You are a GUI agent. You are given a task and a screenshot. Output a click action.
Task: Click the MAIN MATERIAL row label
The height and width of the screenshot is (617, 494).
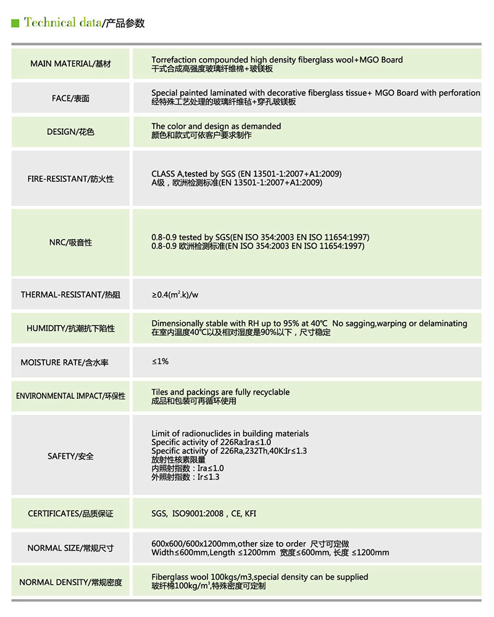pos(70,64)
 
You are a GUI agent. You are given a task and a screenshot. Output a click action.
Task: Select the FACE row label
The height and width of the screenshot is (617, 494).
pos(70,98)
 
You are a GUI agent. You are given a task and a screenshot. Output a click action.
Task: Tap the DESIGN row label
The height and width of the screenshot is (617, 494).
pos(70,132)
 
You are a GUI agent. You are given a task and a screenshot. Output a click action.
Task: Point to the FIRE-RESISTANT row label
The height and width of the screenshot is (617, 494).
pos(70,179)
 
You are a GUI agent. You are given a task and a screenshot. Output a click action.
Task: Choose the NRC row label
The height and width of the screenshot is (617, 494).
pos(70,242)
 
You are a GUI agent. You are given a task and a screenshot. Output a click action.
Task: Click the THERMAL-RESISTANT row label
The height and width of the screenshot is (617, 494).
pos(70,295)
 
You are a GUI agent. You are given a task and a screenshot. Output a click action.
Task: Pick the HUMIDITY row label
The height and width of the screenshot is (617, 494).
pos(70,328)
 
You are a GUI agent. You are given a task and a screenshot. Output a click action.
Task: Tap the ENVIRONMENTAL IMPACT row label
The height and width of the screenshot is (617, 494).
pos(70,396)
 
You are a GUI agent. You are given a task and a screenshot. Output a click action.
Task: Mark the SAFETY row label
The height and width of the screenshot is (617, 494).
pos(70,456)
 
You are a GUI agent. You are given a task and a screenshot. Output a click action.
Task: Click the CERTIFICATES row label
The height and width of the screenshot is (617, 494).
pos(70,514)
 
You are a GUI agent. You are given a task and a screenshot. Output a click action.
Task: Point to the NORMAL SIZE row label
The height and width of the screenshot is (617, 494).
pos(70,548)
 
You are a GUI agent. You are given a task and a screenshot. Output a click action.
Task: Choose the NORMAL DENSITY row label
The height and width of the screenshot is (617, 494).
pos(70,582)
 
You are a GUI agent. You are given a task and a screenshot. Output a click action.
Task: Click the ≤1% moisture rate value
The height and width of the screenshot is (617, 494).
pos(160,361)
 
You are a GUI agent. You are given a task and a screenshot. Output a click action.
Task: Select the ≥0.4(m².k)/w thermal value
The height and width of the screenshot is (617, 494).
pos(175,294)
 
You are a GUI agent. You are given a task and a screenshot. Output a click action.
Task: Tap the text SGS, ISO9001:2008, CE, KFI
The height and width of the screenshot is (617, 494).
pos(204,513)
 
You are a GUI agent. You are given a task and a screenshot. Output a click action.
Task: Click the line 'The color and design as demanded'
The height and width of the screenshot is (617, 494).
pos(216,126)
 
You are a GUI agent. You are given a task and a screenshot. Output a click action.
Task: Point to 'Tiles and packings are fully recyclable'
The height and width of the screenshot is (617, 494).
pos(220,392)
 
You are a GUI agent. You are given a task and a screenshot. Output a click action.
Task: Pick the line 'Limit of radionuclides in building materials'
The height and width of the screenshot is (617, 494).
pos(230,433)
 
